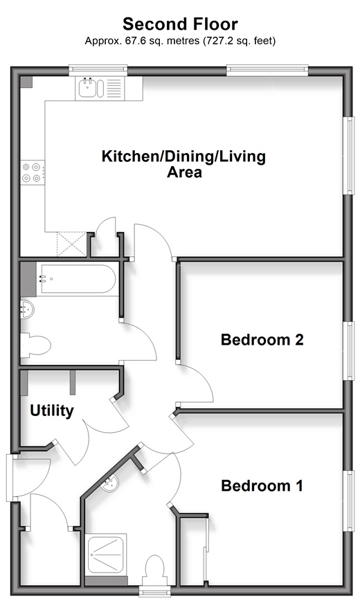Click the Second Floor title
coord(180,24)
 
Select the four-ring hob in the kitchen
coord(32,172)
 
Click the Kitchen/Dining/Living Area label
coord(184,164)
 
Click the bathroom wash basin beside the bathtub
coord(27,309)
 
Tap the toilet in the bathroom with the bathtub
coord(35,345)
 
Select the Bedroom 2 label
coord(262,339)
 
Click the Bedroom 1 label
coord(262,486)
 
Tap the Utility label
coord(52,411)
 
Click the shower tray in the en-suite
coord(105,555)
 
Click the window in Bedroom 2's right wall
coord(349,351)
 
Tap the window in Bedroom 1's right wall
coord(349,501)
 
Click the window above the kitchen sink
coord(98,70)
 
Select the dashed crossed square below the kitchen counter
coord(71,244)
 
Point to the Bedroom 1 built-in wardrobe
coord(194,550)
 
